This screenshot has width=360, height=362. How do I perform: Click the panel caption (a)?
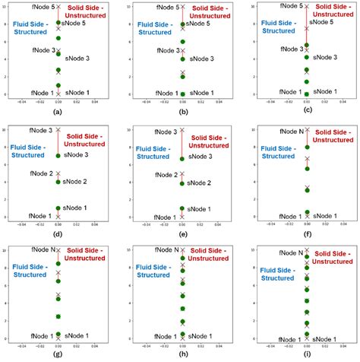click(58, 112)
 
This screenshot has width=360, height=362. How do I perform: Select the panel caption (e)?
click(182, 234)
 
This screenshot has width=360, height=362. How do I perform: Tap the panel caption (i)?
click(306, 354)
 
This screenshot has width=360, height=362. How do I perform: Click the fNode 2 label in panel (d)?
click(41, 173)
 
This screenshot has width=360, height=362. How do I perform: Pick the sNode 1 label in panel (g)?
click(77, 335)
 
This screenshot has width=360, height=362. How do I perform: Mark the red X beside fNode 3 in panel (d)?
click(58, 130)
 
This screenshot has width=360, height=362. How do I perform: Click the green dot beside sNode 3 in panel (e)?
click(182, 158)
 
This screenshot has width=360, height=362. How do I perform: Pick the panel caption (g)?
click(58, 354)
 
